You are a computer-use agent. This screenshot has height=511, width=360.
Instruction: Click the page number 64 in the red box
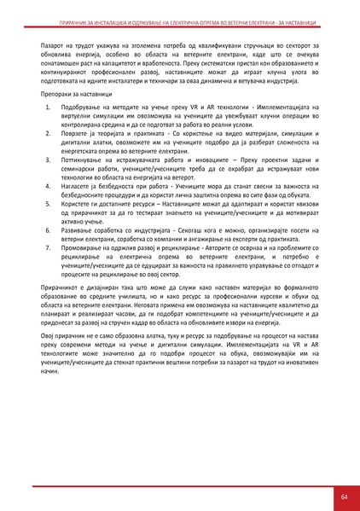pyautogui.click(x=343, y=496)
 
